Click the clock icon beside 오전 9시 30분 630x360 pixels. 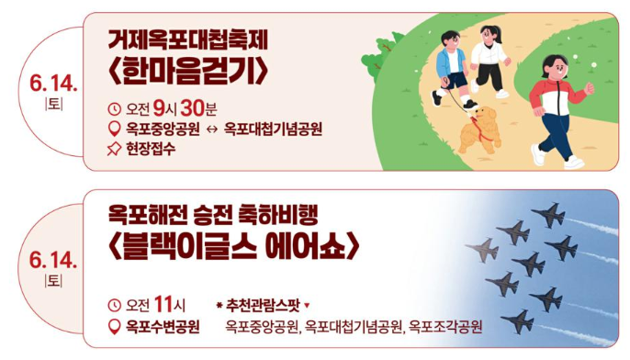pyautogui.click(x=115, y=107)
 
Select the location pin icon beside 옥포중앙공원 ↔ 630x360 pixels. pyautogui.click(x=115, y=129)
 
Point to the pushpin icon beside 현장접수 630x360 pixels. pyautogui.click(x=115, y=148)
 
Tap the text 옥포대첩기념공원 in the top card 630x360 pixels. pyautogui.click(x=273, y=129)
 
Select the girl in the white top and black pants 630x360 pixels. pyautogui.click(x=489, y=59)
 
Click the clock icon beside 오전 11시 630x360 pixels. pyautogui.click(x=115, y=304)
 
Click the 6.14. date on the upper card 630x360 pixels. pyautogui.click(x=53, y=84)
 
